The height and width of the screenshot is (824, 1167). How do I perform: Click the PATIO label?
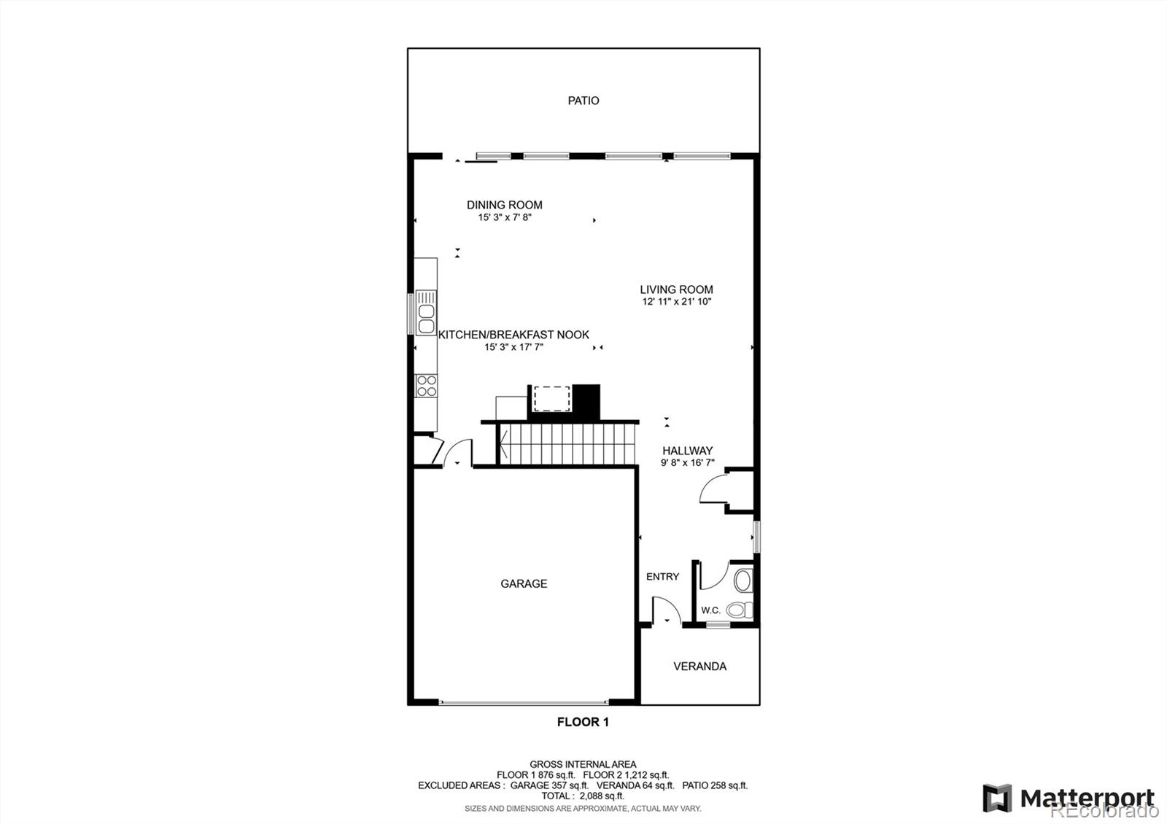(583, 101)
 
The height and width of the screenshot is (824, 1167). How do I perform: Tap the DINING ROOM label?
(505, 205)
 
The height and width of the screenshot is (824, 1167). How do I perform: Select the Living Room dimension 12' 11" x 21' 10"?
(677, 301)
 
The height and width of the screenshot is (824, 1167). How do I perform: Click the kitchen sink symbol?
(426, 318)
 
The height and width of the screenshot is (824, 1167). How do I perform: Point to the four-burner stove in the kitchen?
(426, 386)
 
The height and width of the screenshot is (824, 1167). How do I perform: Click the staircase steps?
(565, 445)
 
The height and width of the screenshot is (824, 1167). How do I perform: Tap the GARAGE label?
(524, 583)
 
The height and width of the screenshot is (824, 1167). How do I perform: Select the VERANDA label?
(699, 666)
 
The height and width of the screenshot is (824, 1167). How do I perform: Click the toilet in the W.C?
(738, 610)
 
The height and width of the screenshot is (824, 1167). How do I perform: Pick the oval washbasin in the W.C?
(743, 581)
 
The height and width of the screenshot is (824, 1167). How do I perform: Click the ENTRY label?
(662, 577)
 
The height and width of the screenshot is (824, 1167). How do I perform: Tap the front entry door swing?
(664, 611)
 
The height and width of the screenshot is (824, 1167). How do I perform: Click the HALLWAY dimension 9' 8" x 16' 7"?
(687, 462)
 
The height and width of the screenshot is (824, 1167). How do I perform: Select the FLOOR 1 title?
(583, 722)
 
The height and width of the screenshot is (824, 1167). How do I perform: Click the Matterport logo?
(1069, 798)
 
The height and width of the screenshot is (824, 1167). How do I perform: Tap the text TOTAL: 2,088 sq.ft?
(583, 796)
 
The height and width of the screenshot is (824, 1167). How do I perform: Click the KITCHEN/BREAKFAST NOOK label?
(513, 335)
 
